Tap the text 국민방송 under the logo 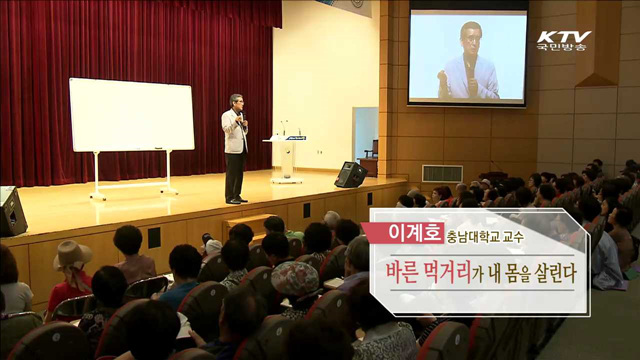click(564, 48)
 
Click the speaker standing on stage click(235, 147)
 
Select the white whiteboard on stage click(131, 115)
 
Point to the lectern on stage click(288, 155)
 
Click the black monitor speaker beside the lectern click(350, 175)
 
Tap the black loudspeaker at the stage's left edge click(12, 210)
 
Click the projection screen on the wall click(468, 57)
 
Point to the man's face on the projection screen click(471, 40)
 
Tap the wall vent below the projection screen click(442, 173)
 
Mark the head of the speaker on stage click(236, 102)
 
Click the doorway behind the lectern click(365, 134)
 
